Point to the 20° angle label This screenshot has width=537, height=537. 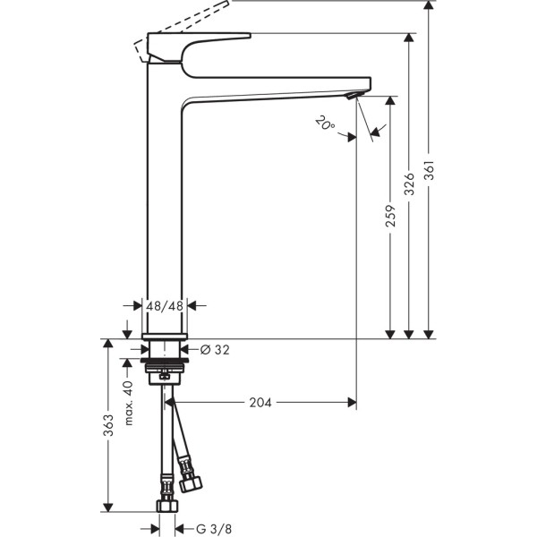tap(325, 123)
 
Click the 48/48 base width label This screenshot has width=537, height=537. tap(165, 305)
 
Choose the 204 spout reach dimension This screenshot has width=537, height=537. tap(260, 402)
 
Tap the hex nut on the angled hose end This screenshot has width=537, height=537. tap(189, 482)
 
